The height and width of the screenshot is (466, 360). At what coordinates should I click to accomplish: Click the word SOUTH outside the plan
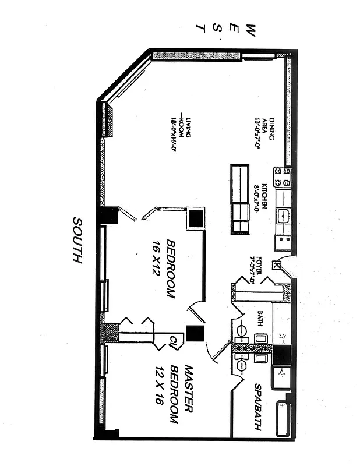[77, 240]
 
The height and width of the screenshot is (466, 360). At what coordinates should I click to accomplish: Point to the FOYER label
[255, 270]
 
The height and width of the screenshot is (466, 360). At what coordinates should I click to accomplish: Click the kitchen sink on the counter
[284, 216]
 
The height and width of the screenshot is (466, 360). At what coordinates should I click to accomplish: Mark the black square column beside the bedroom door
[196, 218]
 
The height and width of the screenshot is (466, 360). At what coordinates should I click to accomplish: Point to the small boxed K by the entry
[276, 265]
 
